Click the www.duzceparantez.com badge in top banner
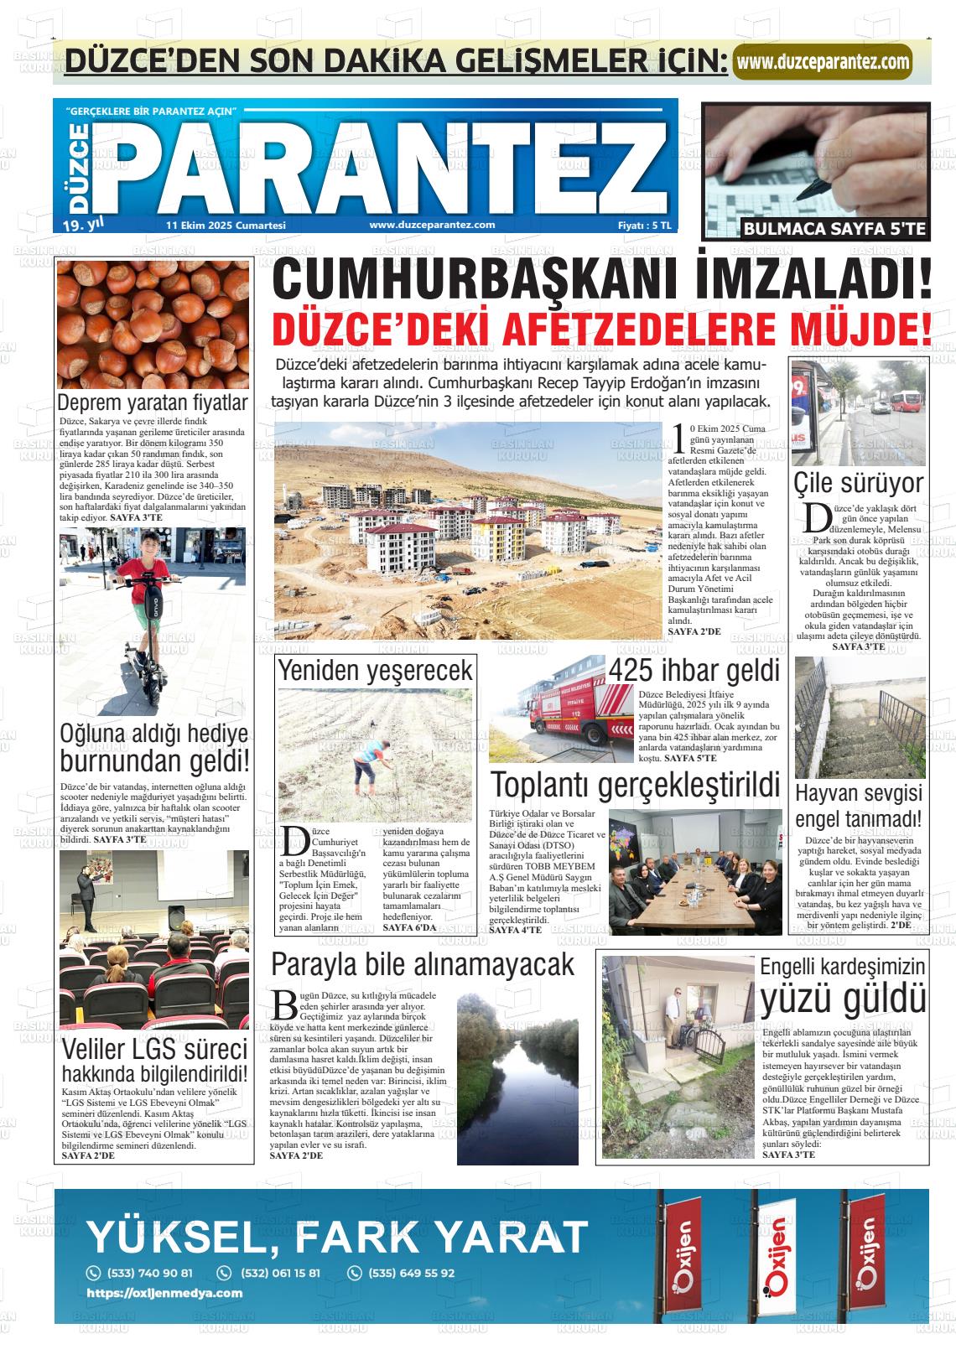click(822, 62)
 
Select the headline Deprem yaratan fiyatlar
click(153, 403)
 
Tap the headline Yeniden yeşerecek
click(375, 670)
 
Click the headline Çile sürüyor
click(858, 483)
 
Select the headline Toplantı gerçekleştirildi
click(635, 785)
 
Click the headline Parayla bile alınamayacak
click(423, 964)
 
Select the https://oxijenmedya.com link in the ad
click(164, 1293)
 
